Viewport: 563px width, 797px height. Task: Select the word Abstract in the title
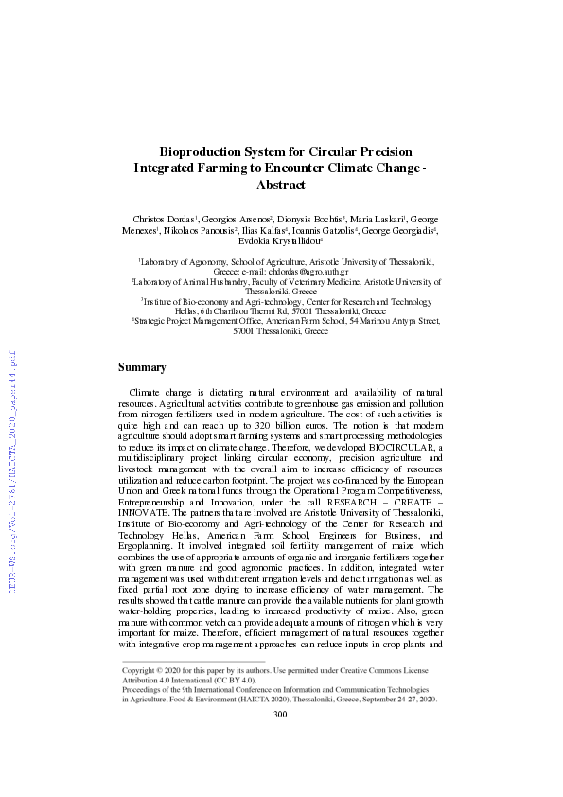[282, 186]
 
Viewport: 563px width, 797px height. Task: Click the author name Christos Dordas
[166, 218]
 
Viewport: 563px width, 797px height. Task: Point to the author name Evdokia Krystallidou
[281, 241]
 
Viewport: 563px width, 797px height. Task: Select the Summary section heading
[142, 366]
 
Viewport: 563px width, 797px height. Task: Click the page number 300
[280, 741]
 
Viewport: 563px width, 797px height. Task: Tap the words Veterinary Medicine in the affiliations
[309, 281]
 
